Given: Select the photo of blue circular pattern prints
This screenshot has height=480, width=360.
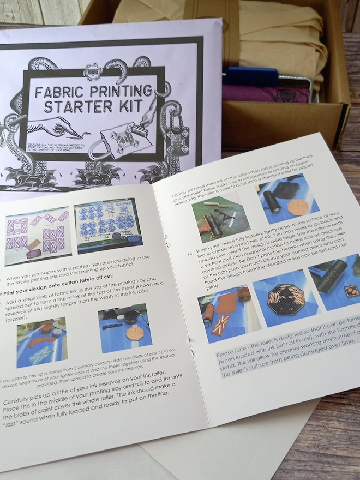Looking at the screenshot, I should [107, 226].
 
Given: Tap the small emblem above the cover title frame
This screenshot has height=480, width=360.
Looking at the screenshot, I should [92, 71].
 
